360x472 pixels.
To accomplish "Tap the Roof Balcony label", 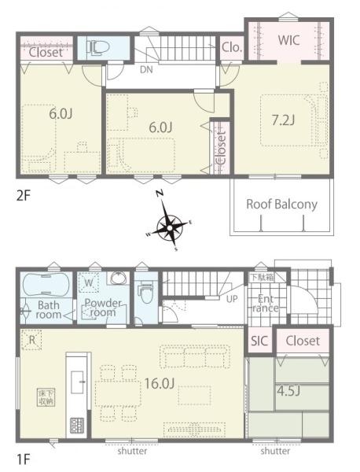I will coord(281,204).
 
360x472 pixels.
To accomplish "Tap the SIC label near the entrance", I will coord(259,341).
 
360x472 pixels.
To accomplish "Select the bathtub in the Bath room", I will coord(46,283).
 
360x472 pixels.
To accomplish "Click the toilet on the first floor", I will coord(144,293).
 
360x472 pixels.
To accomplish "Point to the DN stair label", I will coord(146,70).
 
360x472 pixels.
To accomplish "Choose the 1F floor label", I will coord(24,456).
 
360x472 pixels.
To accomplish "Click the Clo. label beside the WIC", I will coord(231,47).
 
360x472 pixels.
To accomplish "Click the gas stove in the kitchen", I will coord(78,426).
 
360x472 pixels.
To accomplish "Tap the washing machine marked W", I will coord(89,282).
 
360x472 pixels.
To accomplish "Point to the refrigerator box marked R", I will coord(31,340).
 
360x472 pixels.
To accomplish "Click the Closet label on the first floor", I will coord(303,341).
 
